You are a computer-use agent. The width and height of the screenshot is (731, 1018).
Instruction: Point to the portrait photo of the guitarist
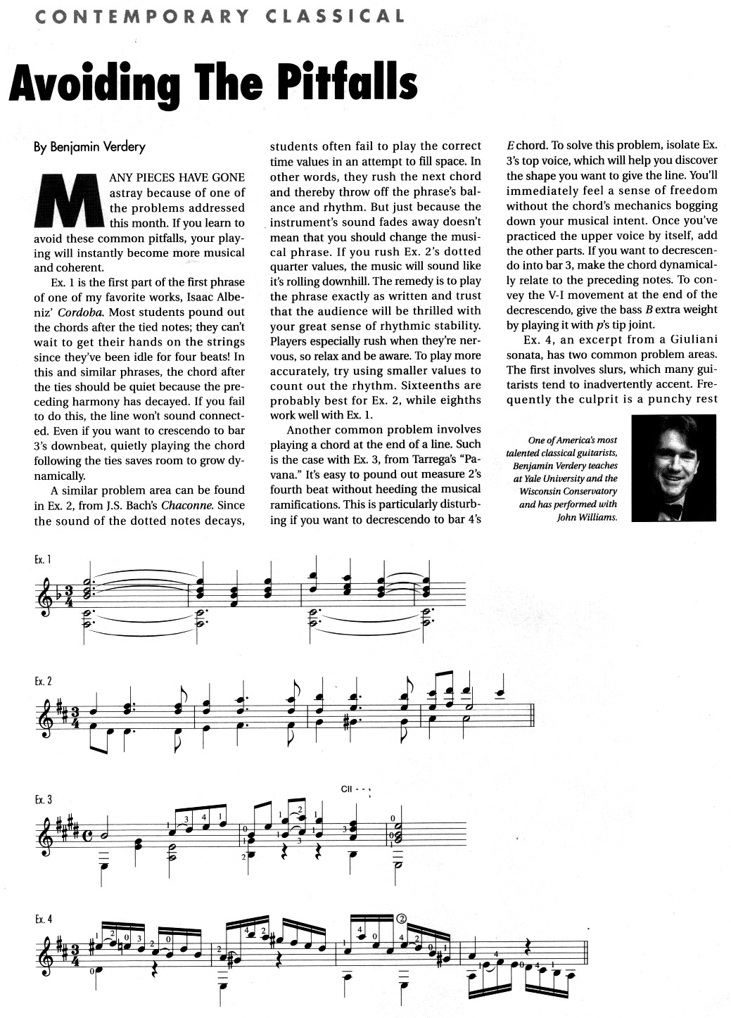[674, 468]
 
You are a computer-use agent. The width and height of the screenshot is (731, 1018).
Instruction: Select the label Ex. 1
[42, 560]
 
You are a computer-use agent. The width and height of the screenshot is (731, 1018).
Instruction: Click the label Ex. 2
[43, 682]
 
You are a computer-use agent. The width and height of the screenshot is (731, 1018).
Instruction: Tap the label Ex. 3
[43, 801]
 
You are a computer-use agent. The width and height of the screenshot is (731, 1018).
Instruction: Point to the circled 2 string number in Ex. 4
[402, 918]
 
